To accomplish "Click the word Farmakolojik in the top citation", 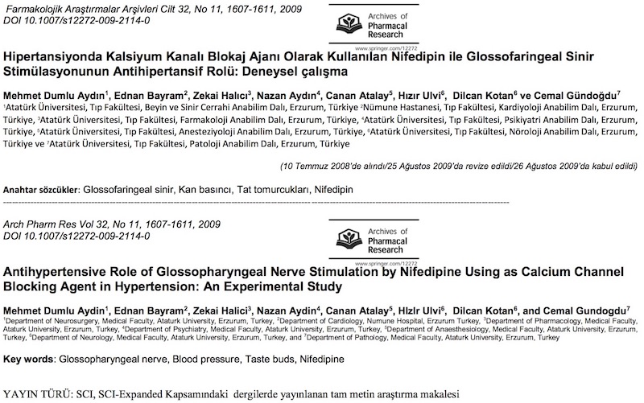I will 39,6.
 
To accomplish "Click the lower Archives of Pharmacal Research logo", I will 365,242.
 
